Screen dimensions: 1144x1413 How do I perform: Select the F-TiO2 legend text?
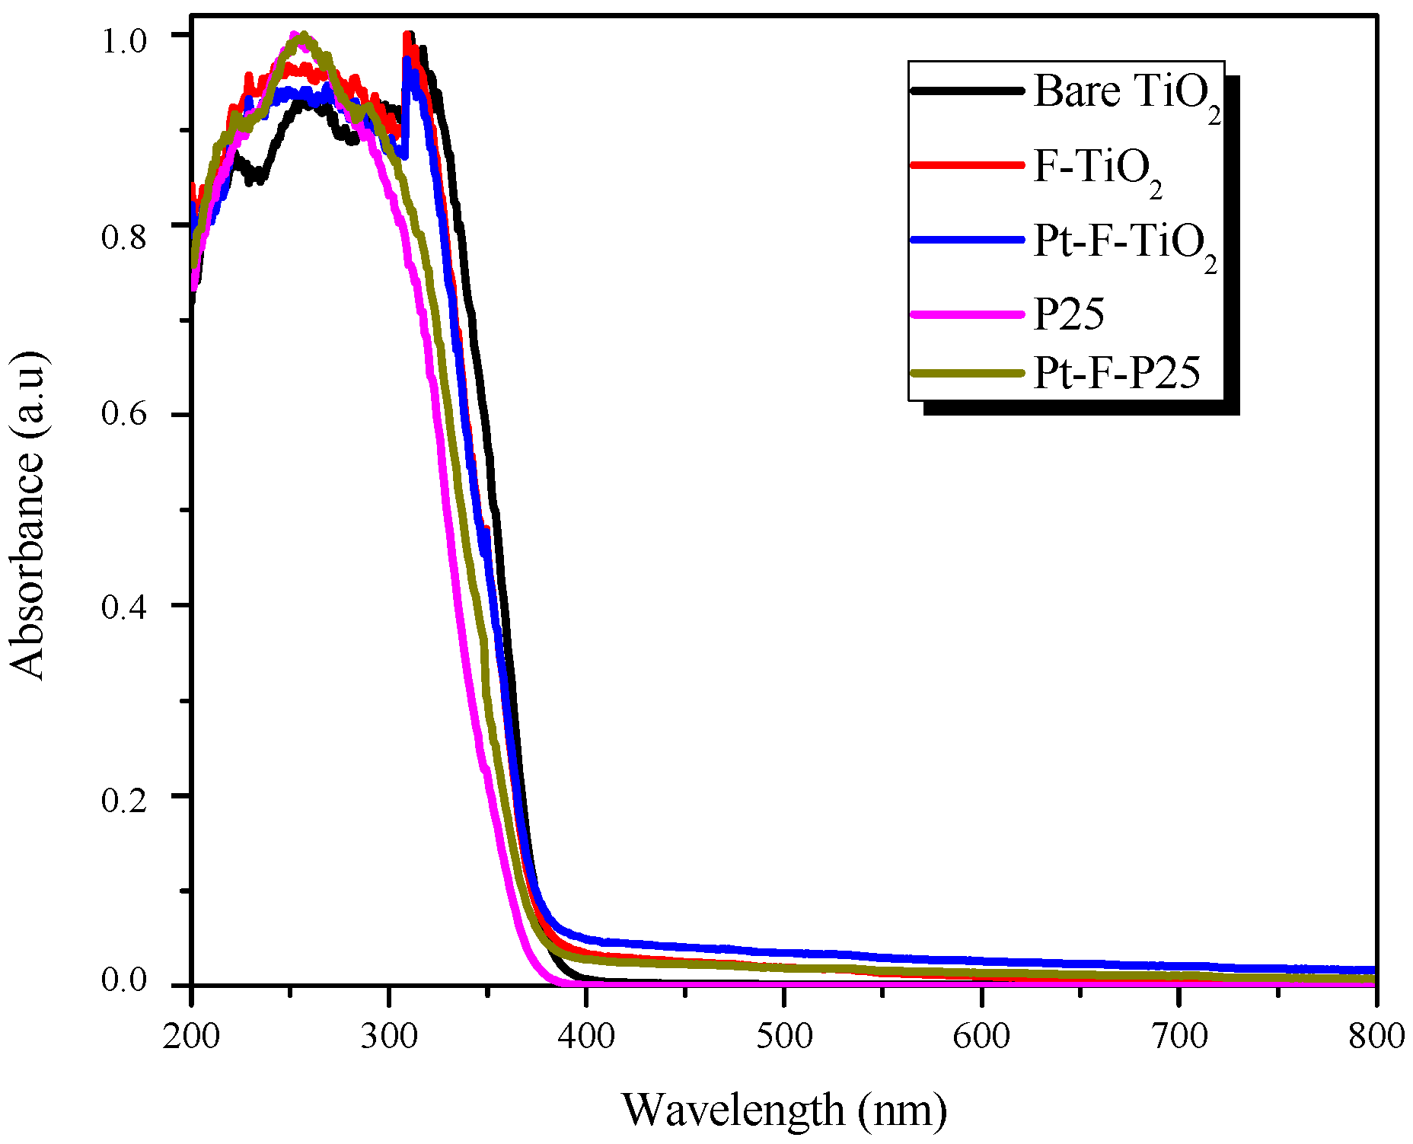pyautogui.click(x=1097, y=167)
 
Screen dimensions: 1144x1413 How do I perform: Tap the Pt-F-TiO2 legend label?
pyautogui.click(x=1124, y=242)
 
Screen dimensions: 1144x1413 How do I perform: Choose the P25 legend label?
pyautogui.click(x=1068, y=313)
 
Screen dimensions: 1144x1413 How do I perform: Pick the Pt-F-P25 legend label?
pyautogui.click(x=1116, y=373)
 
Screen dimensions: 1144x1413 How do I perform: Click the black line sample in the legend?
pyautogui.click(x=967, y=91)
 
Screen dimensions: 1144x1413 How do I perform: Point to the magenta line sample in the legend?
pyautogui.click(x=967, y=314)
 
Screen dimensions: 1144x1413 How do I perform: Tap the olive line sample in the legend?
pyautogui.click(x=967, y=373)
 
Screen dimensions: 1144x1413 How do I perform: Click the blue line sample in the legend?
pyautogui.click(x=967, y=240)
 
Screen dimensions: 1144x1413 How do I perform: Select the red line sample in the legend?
pyautogui.click(x=967, y=165)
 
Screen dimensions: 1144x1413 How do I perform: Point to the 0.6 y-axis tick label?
pyautogui.click(x=123, y=416)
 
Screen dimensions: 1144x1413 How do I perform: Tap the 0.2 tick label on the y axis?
pyautogui.click(x=123, y=800)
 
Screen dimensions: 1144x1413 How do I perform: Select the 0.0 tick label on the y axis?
pyautogui.click(x=123, y=980)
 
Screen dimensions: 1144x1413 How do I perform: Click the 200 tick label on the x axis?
pyautogui.click(x=191, y=1036)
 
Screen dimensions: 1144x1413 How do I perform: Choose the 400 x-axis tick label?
pyautogui.click(x=585, y=1036)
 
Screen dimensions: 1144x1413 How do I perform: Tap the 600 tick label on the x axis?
pyautogui.click(x=981, y=1036)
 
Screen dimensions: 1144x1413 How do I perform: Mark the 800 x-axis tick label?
pyautogui.click(x=1376, y=1036)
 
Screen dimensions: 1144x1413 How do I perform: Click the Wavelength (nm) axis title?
pyautogui.click(x=784, y=1110)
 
